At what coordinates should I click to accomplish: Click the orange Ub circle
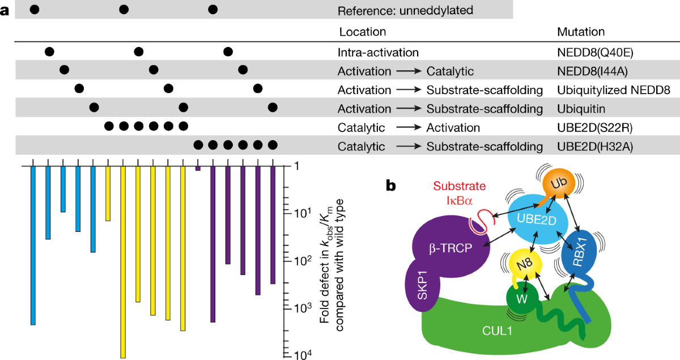click(x=559, y=184)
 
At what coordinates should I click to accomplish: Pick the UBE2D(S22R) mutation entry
click(x=594, y=128)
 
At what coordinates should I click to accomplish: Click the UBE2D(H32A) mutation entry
click(x=594, y=146)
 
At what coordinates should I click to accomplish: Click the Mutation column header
click(x=581, y=32)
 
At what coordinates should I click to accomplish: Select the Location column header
click(x=362, y=32)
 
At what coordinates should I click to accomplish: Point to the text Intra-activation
click(x=378, y=53)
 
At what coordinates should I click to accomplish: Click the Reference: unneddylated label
click(x=405, y=10)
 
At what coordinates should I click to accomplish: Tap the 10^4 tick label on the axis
click(x=297, y=355)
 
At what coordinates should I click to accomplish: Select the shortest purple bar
click(x=198, y=168)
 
